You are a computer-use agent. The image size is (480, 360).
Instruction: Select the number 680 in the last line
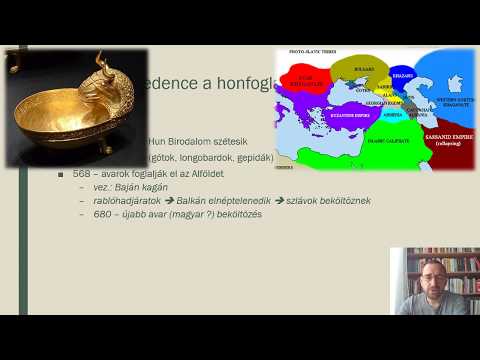coord(102,214)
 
